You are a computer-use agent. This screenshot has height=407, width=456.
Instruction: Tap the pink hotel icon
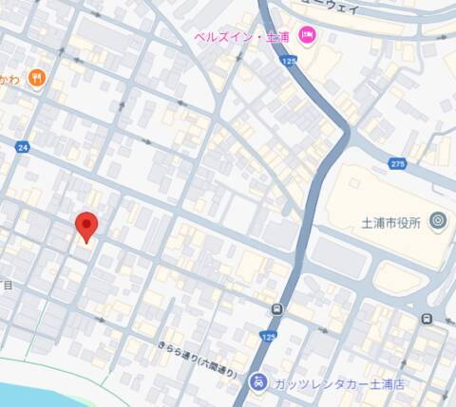pyautogui.click(x=307, y=35)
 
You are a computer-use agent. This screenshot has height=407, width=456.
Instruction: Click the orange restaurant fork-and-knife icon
pyautogui.click(x=37, y=78)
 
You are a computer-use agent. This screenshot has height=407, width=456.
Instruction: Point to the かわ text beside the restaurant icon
pyautogui.click(x=9, y=78)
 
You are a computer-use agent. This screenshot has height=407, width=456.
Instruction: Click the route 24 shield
pyautogui.click(x=23, y=147)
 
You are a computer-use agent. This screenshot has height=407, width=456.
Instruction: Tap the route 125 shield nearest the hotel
pyautogui.click(x=289, y=60)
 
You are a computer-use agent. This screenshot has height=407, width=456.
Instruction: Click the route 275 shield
pyautogui.click(x=397, y=164)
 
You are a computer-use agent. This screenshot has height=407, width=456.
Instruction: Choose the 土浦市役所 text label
pyautogui.click(x=391, y=222)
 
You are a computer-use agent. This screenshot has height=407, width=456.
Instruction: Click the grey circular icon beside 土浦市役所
pyautogui.click(x=437, y=221)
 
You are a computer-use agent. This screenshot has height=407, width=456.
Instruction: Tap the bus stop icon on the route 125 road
pyautogui.click(x=276, y=309)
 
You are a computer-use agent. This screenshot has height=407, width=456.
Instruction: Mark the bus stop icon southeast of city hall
pyautogui.click(x=427, y=318)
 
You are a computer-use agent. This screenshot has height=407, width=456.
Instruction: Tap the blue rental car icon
pyautogui.click(x=257, y=382)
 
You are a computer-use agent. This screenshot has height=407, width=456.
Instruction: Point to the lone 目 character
pyautogui.click(x=8, y=285)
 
